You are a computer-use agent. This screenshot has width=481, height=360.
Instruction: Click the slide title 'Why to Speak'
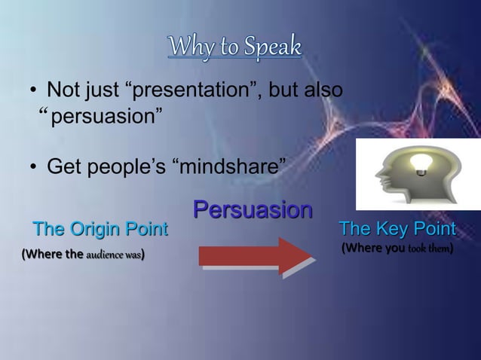tap(234, 47)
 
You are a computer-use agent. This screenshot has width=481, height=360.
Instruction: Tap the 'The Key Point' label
tap(397, 229)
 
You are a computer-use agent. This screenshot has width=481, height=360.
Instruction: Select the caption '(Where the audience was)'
tap(84, 255)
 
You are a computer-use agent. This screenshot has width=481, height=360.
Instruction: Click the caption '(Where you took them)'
tap(397, 247)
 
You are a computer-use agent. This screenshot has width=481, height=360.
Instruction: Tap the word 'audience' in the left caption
tap(100, 255)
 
